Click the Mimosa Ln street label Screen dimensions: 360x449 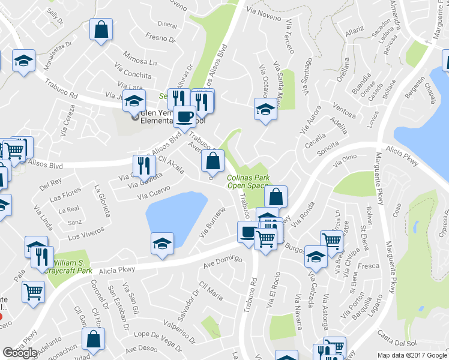(140, 62)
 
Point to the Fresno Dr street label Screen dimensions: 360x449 (159, 39)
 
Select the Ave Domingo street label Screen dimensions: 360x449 (221, 262)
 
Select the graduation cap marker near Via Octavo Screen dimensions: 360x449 (265, 109)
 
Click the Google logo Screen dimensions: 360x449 (20, 352)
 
